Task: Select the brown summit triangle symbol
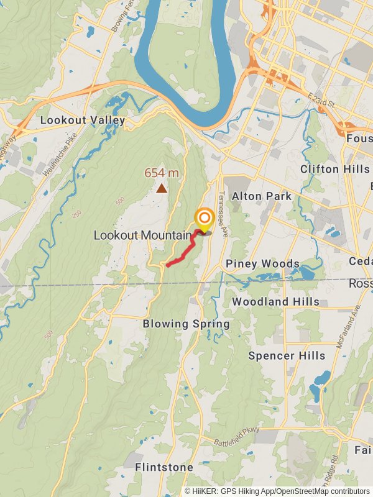[162, 188]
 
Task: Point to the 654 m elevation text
[162, 173]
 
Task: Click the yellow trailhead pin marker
[205, 219]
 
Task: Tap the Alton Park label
[262, 196]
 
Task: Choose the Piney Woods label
[262, 264]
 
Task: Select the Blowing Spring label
[186, 324]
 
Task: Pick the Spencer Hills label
[287, 356]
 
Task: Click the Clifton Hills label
[336, 169]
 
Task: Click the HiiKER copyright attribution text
[277, 491]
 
